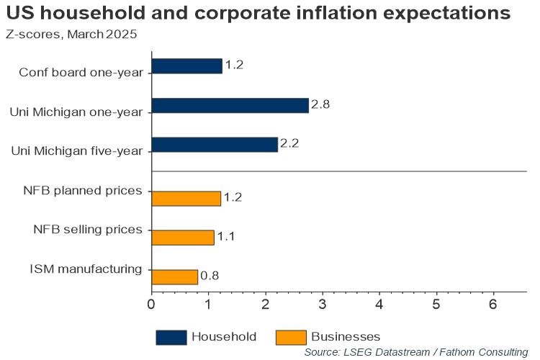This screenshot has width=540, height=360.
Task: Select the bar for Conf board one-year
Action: pyautogui.click(x=186, y=66)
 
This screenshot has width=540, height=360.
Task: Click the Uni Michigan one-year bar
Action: pyautogui.click(x=230, y=106)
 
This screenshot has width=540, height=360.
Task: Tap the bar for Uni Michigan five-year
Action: pyautogui.click(x=215, y=145)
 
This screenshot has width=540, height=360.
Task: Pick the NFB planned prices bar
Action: pyautogui.click(x=186, y=198)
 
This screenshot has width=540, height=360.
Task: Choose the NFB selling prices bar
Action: pyautogui.click(x=183, y=237)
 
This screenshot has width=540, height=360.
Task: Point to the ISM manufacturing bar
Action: pyautogui.click(x=174, y=276)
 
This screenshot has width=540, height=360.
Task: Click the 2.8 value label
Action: pyautogui.click(x=320, y=106)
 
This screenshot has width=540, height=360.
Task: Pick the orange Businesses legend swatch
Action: pyautogui.click(x=289, y=336)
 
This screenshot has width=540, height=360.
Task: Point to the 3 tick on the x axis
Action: pyautogui.click(x=323, y=304)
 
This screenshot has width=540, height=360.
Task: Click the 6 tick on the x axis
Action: pyautogui.click(x=493, y=304)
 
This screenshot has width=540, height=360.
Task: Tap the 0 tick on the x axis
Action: pyautogui.click(x=151, y=304)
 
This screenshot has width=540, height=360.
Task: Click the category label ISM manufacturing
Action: pyautogui.click(x=86, y=269)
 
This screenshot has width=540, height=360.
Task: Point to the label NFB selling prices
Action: pyautogui.click(x=88, y=230)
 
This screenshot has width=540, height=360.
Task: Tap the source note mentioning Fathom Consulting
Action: pyautogui.click(x=416, y=352)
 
